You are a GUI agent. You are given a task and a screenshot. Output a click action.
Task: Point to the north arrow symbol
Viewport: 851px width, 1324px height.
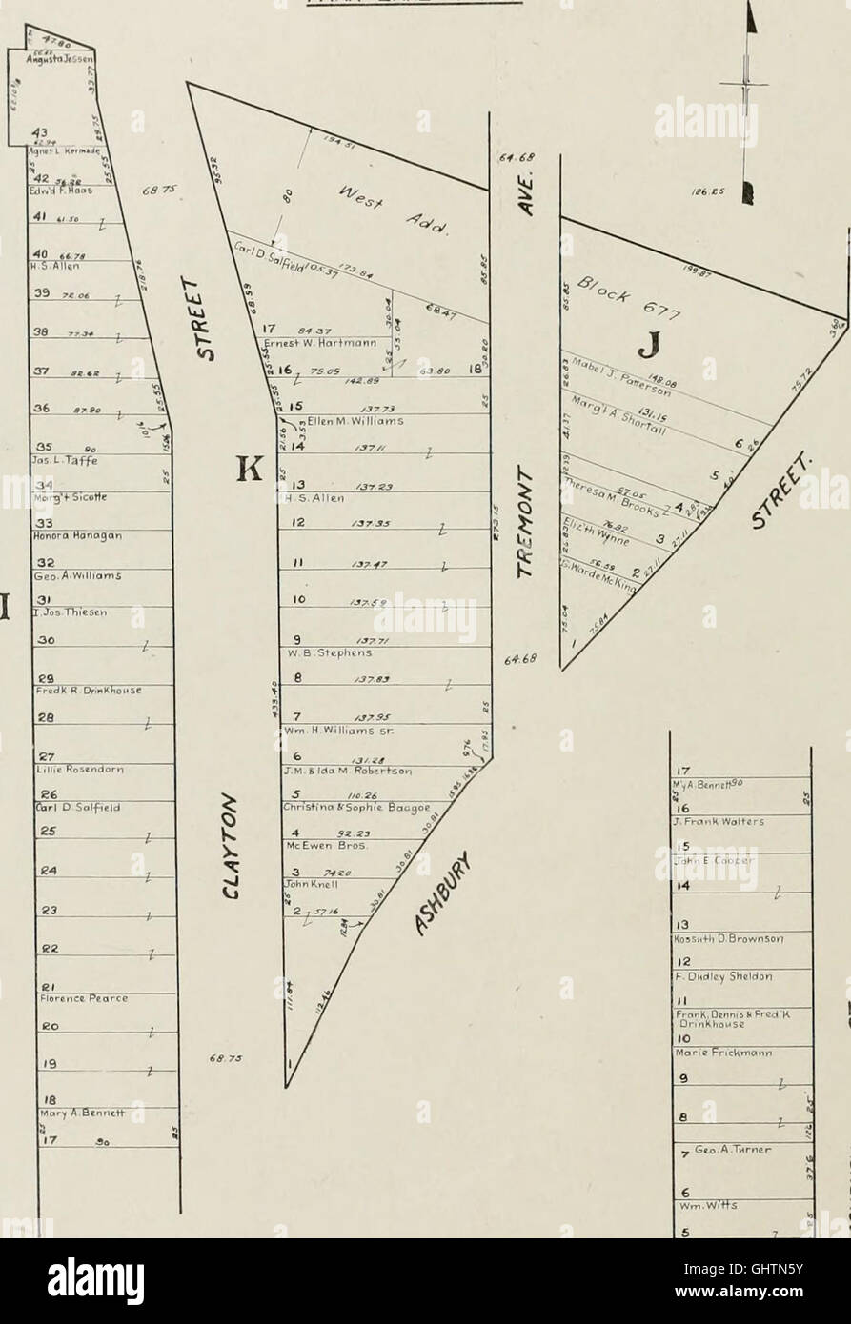[751, 95]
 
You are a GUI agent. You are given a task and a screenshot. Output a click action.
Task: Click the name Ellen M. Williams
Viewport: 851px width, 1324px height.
[355, 420]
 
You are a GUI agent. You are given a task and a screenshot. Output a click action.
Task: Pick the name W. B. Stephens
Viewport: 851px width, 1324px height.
[321, 653]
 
